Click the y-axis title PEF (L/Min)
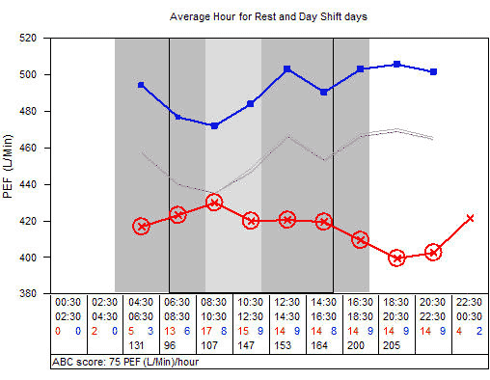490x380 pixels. pos(10,166)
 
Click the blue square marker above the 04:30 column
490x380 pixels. pos(142,85)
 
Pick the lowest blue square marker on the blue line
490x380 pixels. pos(214,125)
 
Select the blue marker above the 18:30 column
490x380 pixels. pos(397,65)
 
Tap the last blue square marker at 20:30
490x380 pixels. pos(434,72)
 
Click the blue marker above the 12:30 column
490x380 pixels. pos(287,69)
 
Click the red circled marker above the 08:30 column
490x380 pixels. pos(214,203)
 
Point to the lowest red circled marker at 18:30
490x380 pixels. pos(397,258)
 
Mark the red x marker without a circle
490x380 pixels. pos(470,218)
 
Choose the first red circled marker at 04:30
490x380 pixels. pos(142,227)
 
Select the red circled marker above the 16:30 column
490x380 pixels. pos(361,240)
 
